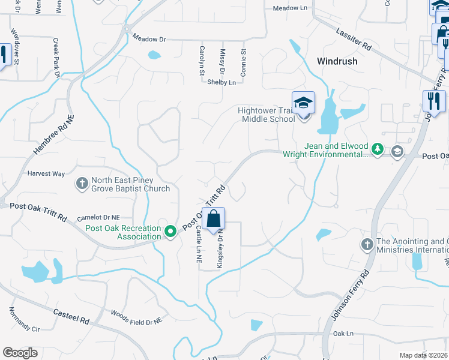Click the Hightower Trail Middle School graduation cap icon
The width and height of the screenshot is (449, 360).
pos(303,103)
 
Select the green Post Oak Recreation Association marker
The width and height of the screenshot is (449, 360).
pos(170,230)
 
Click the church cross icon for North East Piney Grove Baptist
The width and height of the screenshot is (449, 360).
pos(82,182)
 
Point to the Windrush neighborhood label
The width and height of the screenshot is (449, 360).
pos(337,61)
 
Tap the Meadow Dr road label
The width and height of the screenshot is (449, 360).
pos(149,39)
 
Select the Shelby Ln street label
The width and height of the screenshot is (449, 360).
pos(221,82)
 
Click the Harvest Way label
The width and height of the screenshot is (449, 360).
pos(46,173)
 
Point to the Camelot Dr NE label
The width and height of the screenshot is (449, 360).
pos(100,217)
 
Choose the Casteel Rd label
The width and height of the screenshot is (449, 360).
pos(71,314)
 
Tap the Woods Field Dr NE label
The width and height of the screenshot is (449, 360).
pos(136,317)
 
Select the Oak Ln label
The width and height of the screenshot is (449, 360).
pos(343,333)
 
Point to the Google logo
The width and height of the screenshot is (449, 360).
pos(20,353)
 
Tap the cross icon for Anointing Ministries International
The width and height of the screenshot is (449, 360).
pos(367,244)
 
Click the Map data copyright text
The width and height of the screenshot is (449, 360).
pos(423,355)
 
